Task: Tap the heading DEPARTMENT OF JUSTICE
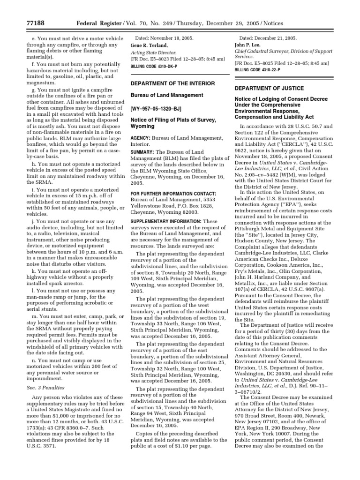[x=269, y=88]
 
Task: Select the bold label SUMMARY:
[x=142, y=153]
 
